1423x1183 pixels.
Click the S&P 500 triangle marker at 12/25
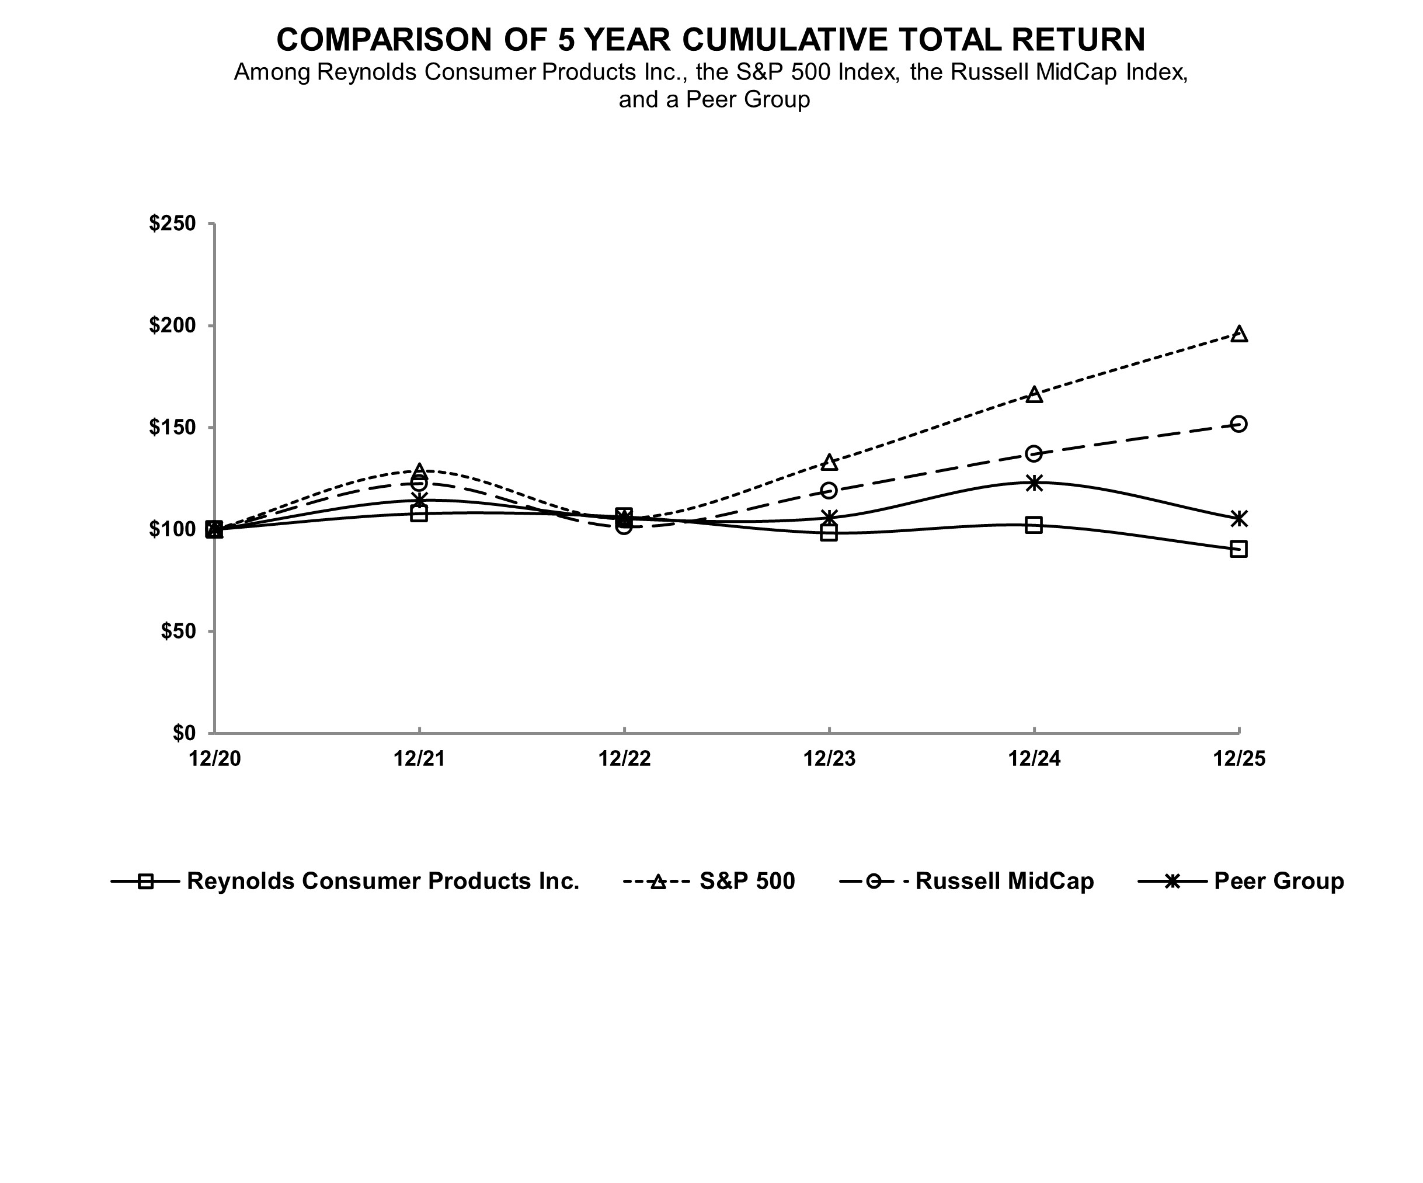[x=1238, y=334]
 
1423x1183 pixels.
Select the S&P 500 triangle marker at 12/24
[x=1034, y=394]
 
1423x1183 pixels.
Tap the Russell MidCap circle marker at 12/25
[x=1238, y=424]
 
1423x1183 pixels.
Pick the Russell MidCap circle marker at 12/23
[x=829, y=490]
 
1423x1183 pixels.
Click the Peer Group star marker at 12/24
[x=1034, y=483]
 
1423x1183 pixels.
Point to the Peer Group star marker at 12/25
[x=1238, y=519]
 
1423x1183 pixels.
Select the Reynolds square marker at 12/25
[x=1238, y=549]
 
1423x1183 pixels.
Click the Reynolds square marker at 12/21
[x=419, y=514]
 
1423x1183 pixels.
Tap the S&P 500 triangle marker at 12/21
[x=419, y=470]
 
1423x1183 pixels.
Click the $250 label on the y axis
[x=173, y=223]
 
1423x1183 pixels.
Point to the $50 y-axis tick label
[x=178, y=631]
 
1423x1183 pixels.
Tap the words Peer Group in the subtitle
[x=747, y=100]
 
